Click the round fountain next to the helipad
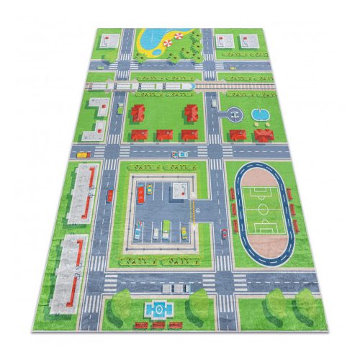pyautogui.click(x=258, y=114)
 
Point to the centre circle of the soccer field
pyautogui.click(x=264, y=210)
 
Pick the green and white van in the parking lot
pyautogui.click(x=166, y=229)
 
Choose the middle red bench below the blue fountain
pyautogui.click(x=158, y=325)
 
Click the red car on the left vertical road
pyautogui.click(x=110, y=194)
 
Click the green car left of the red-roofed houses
pyautogui.click(x=120, y=109)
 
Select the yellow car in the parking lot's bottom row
pyautogui.click(x=184, y=232)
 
